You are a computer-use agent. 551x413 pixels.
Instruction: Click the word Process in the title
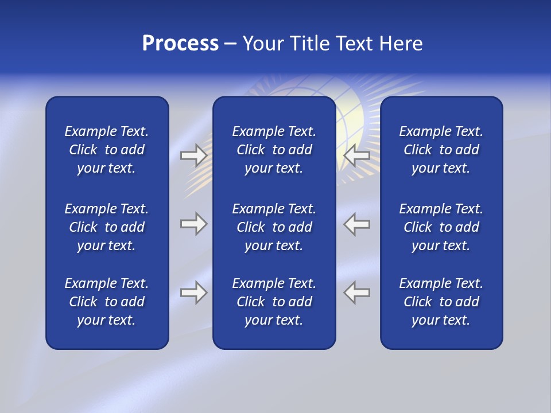(x=180, y=44)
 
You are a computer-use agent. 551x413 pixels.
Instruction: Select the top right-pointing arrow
(x=193, y=155)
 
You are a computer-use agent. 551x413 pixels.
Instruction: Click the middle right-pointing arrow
(x=193, y=224)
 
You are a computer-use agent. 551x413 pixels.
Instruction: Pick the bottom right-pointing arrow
(x=193, y=293)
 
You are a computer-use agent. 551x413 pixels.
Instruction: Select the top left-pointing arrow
(x=356, y=155)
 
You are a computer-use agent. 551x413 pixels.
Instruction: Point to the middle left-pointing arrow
(x=356, y=224)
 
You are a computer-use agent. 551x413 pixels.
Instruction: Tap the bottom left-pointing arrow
(x=356, y=293)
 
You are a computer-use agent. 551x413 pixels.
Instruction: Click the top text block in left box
(x=107, y=150)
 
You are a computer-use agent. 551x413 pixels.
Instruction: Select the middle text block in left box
(x=107, y=227)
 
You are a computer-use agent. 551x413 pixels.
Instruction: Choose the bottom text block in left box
(x=107, y=302)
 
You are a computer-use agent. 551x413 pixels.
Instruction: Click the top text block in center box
(x=274, y=150)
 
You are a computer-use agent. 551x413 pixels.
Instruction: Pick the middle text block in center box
(x=274, y=227)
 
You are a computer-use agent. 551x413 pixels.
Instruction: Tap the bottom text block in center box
(x=274, y=302)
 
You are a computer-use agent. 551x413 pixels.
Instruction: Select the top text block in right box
(x=441, y=150)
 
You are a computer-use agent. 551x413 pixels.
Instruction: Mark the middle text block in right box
(x=441, y=227)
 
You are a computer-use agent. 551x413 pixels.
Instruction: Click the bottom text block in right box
(x=441, y=302)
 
